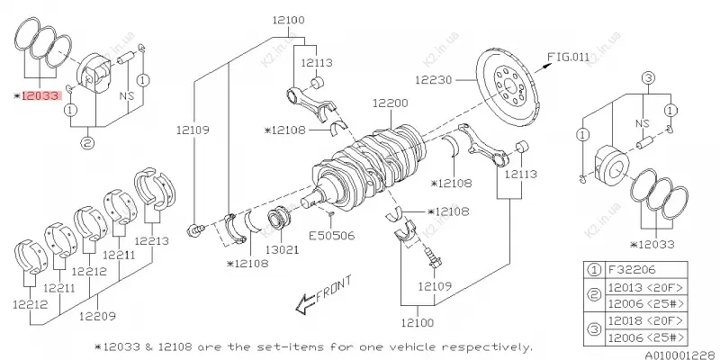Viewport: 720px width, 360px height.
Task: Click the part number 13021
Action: point(280,248)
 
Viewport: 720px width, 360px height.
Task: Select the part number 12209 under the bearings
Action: point(97,315)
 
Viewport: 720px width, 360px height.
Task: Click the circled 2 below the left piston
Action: point(88,139)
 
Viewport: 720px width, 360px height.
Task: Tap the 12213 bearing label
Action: point(151,241)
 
